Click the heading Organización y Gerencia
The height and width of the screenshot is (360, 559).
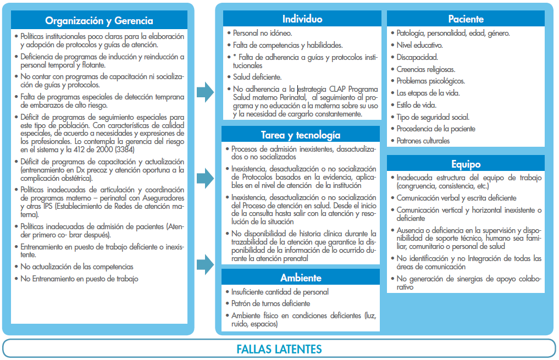(x=99, y=21)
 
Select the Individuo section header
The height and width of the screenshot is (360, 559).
(x=302, y=19)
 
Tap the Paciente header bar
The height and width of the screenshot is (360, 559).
(x=466, y=19)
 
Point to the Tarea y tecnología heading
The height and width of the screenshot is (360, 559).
(x=301, y=135)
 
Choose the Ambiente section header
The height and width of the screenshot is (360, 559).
(x=301, y=278)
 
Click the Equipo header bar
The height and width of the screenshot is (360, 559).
(x=466, y=164)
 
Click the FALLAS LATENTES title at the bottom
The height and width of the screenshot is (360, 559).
(x=279, y=349)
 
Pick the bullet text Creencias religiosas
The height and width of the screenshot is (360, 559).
(x=425, y=69)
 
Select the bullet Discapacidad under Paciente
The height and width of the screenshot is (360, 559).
(x=417, y=57)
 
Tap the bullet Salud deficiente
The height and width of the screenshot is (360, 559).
(x=257, y=77)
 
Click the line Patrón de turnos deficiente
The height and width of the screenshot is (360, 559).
(x=271, y=303)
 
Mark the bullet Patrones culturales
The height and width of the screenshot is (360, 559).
(x=423, y=141)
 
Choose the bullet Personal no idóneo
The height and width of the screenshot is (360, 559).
(x=262, y=33)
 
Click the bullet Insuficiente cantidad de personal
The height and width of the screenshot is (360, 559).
(x=280, y=292)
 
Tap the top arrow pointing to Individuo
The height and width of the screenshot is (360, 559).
(x=206, y=92)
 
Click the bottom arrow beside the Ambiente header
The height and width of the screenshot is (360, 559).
(x=206, y=264)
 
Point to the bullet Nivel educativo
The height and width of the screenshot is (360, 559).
(x=419, y=45)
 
